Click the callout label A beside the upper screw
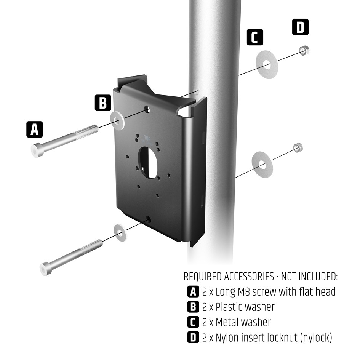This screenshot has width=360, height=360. point(34,130)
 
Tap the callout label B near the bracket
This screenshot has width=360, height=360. point(103,103)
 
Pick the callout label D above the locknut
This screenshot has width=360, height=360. point(301,27)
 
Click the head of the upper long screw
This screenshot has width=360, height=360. point(36,150)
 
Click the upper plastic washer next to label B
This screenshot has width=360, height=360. point(117,120)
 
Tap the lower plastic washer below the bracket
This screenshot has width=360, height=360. point(121,233)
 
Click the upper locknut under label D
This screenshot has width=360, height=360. point(304,50)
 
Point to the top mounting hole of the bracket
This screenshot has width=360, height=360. point(147,110)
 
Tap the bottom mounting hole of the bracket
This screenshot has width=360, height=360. point(149,220)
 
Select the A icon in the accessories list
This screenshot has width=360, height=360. point(193,292)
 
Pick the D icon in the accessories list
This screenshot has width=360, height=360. point(193,337)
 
